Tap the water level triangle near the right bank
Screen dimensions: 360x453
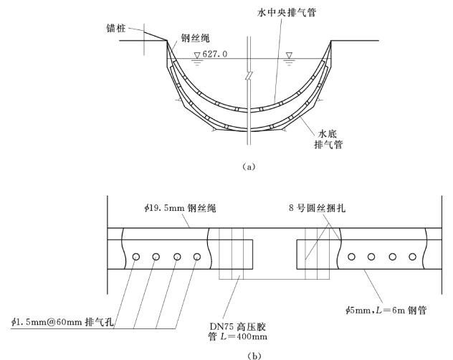290,55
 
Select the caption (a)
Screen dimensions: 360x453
247,166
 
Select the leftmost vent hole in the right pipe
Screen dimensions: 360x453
352,256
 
